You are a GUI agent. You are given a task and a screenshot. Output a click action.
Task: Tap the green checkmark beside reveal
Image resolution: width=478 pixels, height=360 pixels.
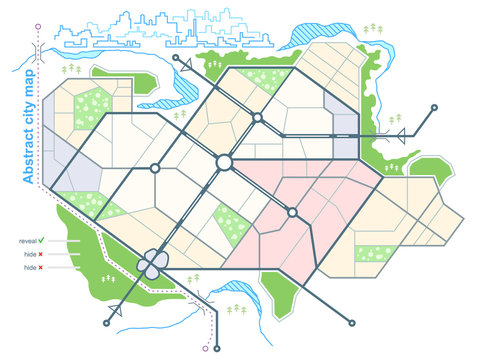click(53, 241)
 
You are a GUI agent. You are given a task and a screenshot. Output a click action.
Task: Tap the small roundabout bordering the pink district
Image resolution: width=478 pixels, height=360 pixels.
click(293, 212)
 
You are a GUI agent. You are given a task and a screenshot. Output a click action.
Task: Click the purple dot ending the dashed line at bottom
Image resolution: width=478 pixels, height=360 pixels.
click(206, 349)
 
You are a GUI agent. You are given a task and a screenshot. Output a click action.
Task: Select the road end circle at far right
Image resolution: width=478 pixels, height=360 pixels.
click(436, 105)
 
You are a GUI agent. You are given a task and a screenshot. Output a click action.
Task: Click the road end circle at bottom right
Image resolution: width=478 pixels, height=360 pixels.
click(350, 323)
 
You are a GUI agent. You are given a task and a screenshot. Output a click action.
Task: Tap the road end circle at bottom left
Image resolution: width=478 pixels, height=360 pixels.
click(107, 322)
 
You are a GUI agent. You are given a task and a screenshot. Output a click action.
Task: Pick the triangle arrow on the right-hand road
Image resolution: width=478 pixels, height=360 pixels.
click(401, 135)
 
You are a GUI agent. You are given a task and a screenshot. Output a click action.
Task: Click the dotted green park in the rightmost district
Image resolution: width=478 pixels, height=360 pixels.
click(374, 255)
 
